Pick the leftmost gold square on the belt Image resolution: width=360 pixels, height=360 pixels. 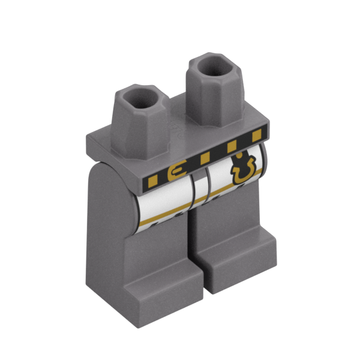152,179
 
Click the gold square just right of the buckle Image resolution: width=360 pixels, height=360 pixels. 204,158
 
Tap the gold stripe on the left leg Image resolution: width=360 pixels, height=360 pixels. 162,216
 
